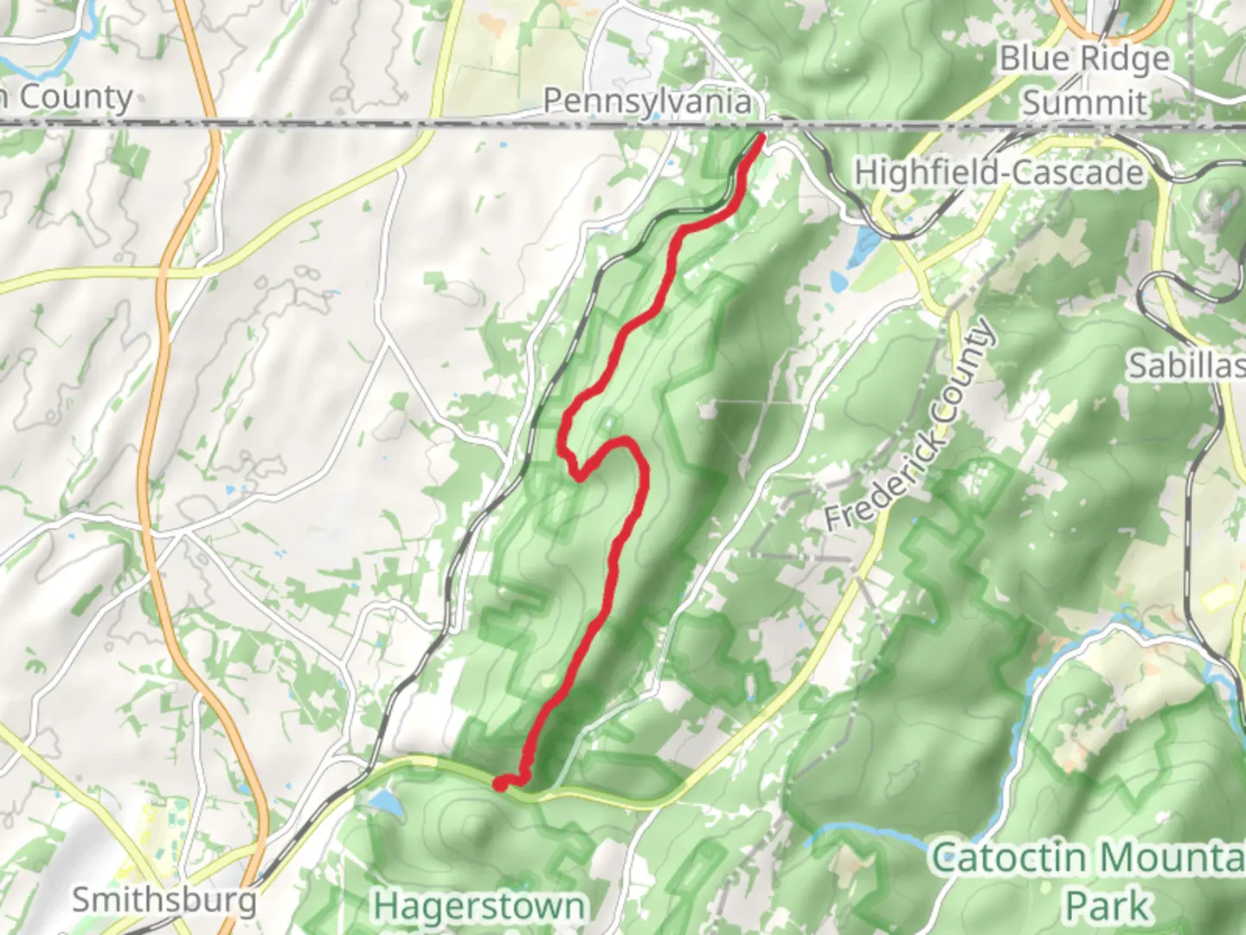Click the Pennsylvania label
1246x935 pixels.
coord(647,101)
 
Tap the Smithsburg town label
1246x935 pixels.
coord(164,900)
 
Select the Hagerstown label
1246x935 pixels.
coord(478,906)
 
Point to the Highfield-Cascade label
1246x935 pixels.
coord(999,172)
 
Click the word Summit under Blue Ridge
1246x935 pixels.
coord(1085,102)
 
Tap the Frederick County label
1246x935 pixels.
coord(909,427)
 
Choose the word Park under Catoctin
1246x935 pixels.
coord(1108,905)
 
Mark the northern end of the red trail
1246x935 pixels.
coord(761,137)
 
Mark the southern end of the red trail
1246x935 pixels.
coord(499,784)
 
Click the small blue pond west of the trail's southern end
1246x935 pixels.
coord(386,803)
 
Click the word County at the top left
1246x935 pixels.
coord(75,98)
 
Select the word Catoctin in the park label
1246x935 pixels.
coord(1008,858)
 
